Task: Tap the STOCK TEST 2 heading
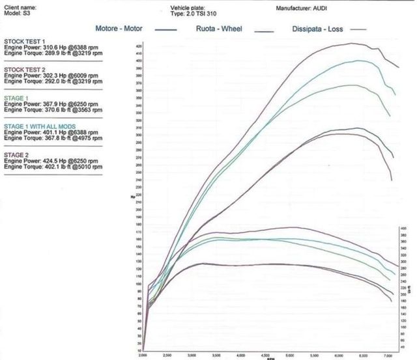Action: tap(21, 68)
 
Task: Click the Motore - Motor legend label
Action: tap(119, 29)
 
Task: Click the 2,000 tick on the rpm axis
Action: tap(143, 355)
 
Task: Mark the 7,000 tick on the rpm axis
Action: tap(388, 355)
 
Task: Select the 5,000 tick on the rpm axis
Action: tap(290, 355)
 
